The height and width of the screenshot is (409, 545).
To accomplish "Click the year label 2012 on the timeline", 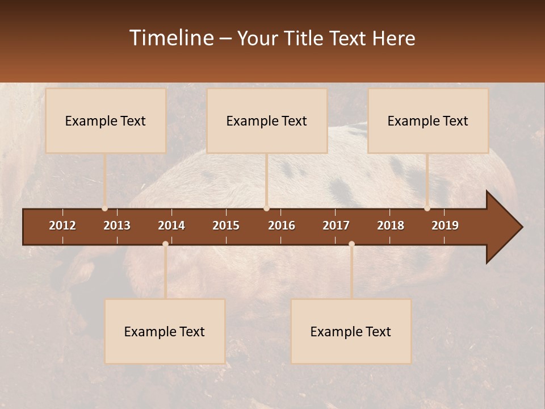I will (62, 226).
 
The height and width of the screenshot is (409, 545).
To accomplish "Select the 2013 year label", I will (117, 226).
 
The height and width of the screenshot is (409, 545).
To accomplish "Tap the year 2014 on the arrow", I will (171, 226).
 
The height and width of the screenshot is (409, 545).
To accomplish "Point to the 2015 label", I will (226, 226).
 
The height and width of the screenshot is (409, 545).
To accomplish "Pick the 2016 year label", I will (282, 226).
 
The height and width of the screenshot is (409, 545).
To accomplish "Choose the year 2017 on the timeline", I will (336, 226).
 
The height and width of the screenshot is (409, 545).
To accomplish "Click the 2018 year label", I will (391, 226).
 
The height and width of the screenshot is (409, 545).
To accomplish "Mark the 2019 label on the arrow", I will (445, 226).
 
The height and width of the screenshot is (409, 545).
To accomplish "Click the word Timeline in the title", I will (171, 38).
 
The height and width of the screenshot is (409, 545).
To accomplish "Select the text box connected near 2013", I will (106, 120).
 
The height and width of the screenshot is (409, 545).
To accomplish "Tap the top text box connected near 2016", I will (267, 120).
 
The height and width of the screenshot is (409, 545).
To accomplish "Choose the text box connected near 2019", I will (428, 120).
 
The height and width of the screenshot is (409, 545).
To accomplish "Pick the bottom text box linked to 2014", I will (165, 331).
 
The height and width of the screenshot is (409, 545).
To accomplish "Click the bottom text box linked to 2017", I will (351, 331).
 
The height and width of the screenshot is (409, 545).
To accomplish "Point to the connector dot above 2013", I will (104, 208).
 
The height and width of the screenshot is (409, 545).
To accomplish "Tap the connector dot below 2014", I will (165, 244).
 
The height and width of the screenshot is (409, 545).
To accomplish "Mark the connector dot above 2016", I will (267, 208).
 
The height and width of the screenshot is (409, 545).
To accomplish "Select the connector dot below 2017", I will (351, 244).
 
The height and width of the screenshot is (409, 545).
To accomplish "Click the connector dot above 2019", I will (427, 208).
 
